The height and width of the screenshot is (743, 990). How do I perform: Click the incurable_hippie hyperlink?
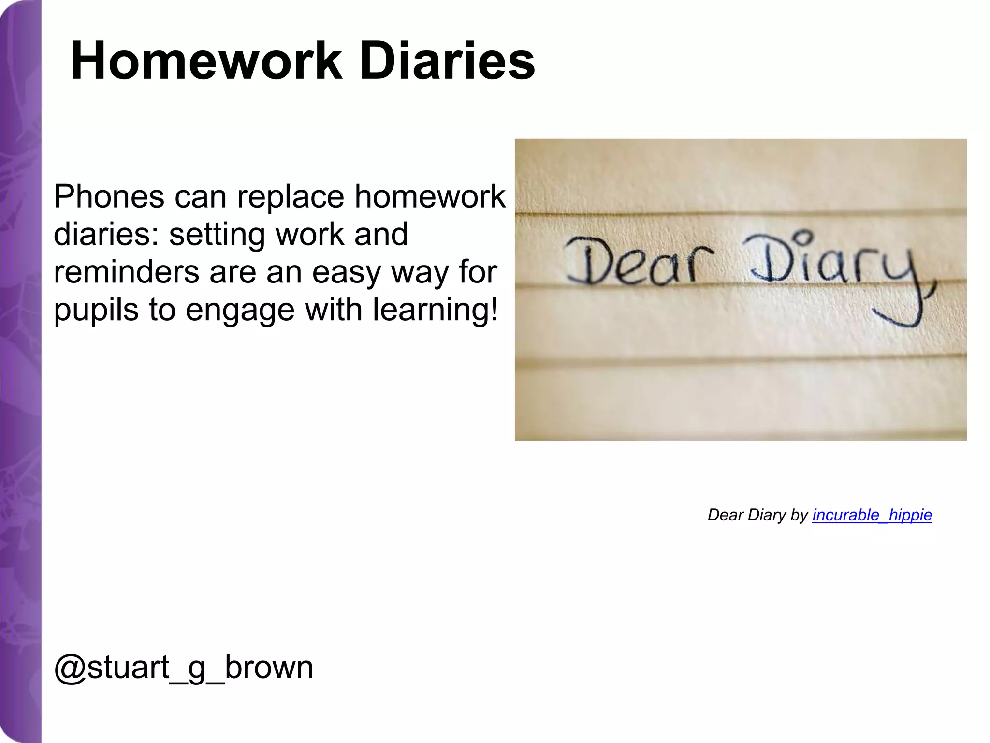(872, 515)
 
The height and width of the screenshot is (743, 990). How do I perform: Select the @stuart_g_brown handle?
(184, 668)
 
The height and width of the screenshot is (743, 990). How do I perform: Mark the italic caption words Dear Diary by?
(757, 515)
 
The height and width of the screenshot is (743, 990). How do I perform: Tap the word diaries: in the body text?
(106, 235)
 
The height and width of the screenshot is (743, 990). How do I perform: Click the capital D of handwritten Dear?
(587, 261)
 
